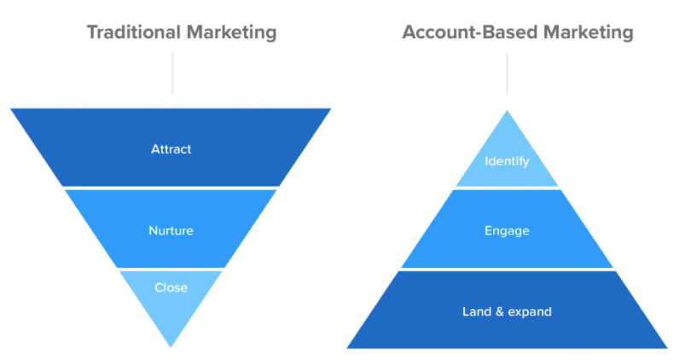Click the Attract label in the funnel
click(x=171, y=149)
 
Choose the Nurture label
click(x=171, y=230)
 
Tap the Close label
click(x=171, y=287)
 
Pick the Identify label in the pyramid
click(x=507, y=160)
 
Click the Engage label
click(x=507, y=230)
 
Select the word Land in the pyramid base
click(x=477, y=311)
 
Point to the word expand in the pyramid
click(x=531, y=311)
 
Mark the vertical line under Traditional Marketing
click(x=172, y=73)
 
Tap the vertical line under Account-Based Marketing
click(x=507, y=73)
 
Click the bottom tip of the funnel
click(x=171, y=344)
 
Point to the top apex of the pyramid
click(x=507, y=112)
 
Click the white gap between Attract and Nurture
click(x=171, y=187)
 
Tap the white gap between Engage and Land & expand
click(x=507, y=270)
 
